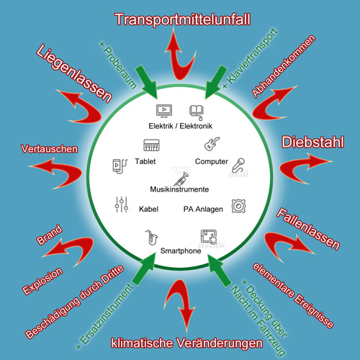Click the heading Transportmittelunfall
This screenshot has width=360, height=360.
point(183,19)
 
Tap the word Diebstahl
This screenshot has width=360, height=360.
point(312,142)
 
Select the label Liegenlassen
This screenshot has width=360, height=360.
point(74,73)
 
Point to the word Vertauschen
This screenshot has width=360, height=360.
point(50,149)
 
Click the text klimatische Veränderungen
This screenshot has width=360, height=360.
point(186,343)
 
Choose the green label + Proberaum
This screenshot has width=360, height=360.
point(118,65)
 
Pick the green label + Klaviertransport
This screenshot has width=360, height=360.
point(250,58)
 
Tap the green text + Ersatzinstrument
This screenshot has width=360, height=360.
point(104,316)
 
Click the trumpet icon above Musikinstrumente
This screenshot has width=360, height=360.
point(181,179)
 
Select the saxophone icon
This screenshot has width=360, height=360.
point(151,238)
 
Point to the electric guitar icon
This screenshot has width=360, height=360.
point(212,144)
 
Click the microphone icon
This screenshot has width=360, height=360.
point(238,166)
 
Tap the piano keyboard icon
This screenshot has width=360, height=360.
point(151,145)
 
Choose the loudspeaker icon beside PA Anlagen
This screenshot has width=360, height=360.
point(238,206)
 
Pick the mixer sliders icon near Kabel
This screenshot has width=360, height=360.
point(122,204)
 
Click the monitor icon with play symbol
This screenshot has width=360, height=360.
point(164,111)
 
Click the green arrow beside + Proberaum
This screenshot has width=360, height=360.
point(146,82)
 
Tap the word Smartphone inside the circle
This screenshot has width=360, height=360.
point(181,251)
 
